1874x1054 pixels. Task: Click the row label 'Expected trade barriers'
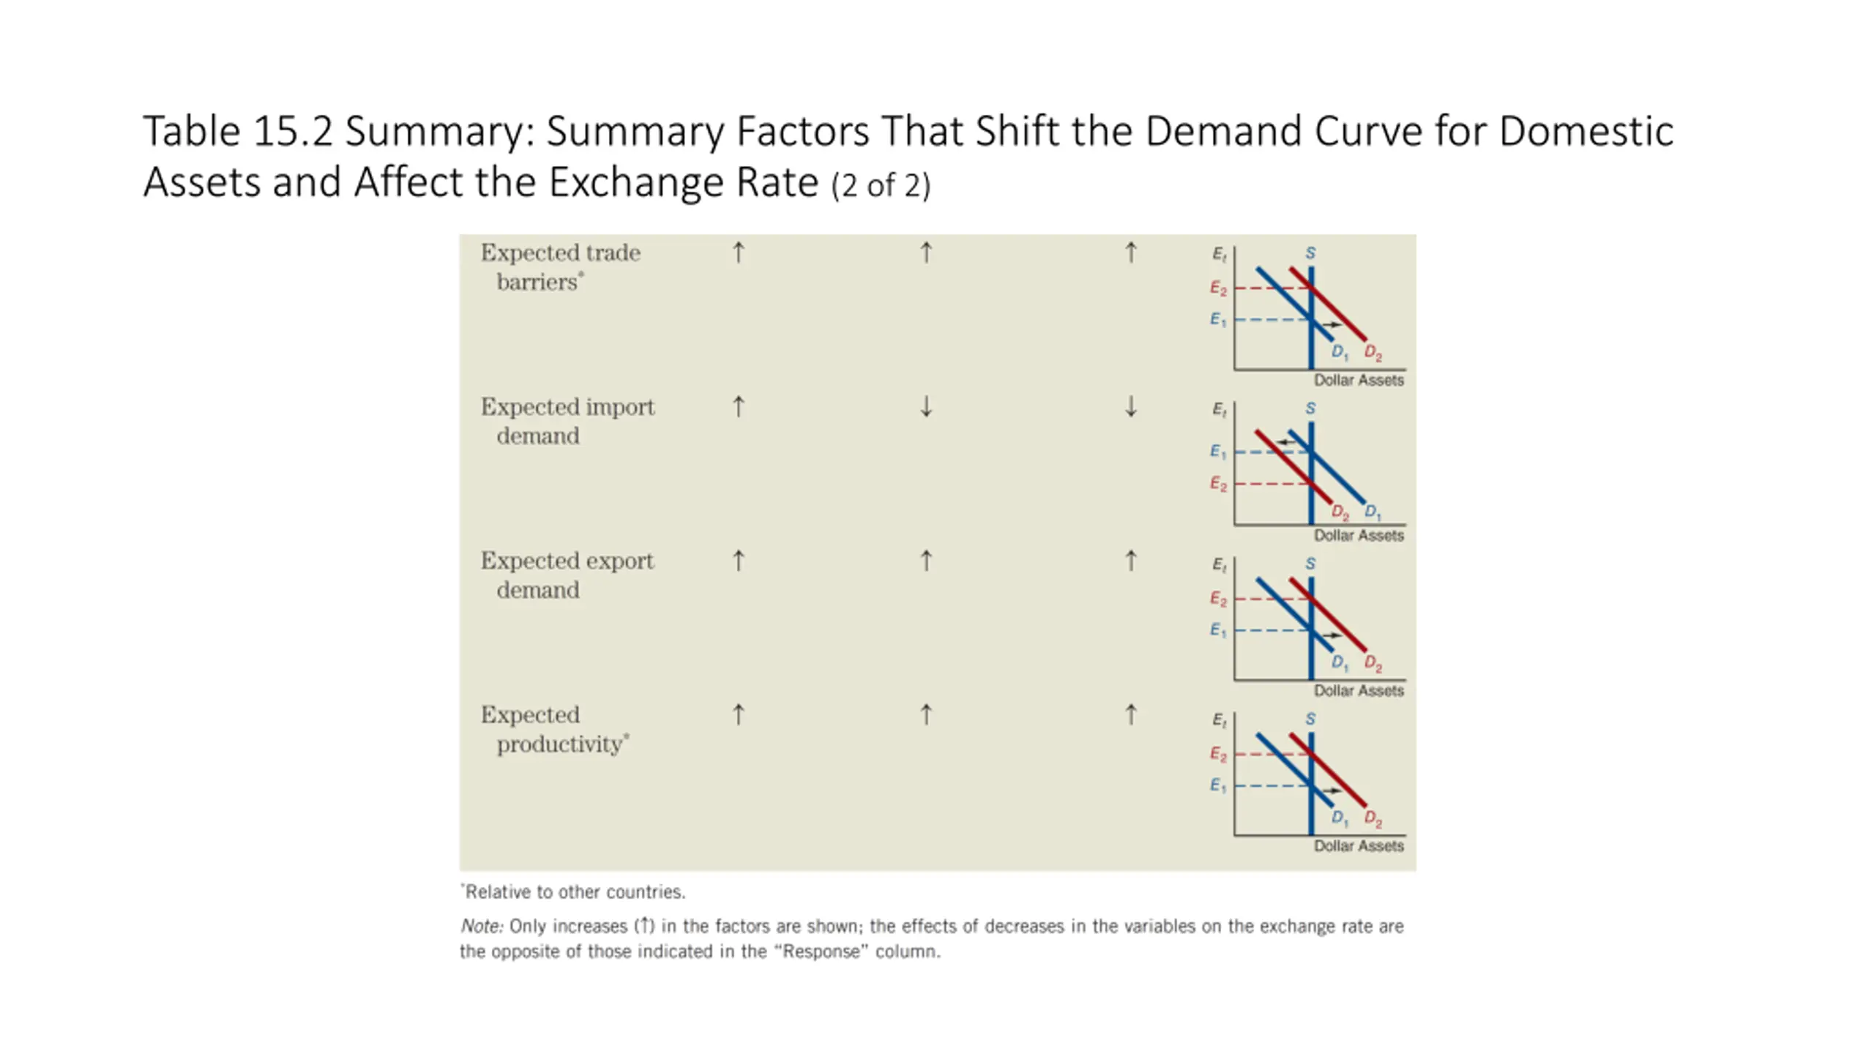pyautogui.click(x=560, y=267)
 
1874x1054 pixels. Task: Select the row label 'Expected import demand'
pyautogui.click(x=567, y=421)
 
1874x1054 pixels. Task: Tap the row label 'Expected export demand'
pyautogui.click(x=567, y=575)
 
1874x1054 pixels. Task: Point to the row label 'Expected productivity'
pyautogui.click(x=554, y=729)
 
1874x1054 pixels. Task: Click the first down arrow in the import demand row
pyautogui.click(x=926, y=406)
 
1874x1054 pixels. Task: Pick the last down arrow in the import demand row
pyautogui.click(x=1131, y=406)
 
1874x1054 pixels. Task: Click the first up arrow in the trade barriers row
pyautogui.click(x=739, y=253)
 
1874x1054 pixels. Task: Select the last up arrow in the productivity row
pyautogui.click(x=1131, y=714)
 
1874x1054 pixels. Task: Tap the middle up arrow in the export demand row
pyautogui.click(x=926, y=561)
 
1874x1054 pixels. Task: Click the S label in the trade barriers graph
pyautogui.click(x=1310, y=253)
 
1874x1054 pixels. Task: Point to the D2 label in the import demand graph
pyautogui.click(x=1340, y=512)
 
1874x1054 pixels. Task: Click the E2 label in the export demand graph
pyautogui.click(x=1217, y=599)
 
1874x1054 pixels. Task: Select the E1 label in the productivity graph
pyautogui.click(x=1217, y=785)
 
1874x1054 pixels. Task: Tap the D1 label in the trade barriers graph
pyautogui.click(x=1340, y=352)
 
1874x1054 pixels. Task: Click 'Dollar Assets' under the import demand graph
pyautogui.click(x=1359, y=535)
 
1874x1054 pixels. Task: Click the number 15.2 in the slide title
pyautogui.click(x=293, y=132)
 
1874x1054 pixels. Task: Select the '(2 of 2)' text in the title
pyautogui.click(x=881, y=185)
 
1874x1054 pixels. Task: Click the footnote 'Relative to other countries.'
pyautogui.click(x=575, y=892)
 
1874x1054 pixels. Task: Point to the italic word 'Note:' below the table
pyautogui.click(x=482, y=926)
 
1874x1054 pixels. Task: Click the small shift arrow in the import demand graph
pyautogui.click(x=1285, y=441)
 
